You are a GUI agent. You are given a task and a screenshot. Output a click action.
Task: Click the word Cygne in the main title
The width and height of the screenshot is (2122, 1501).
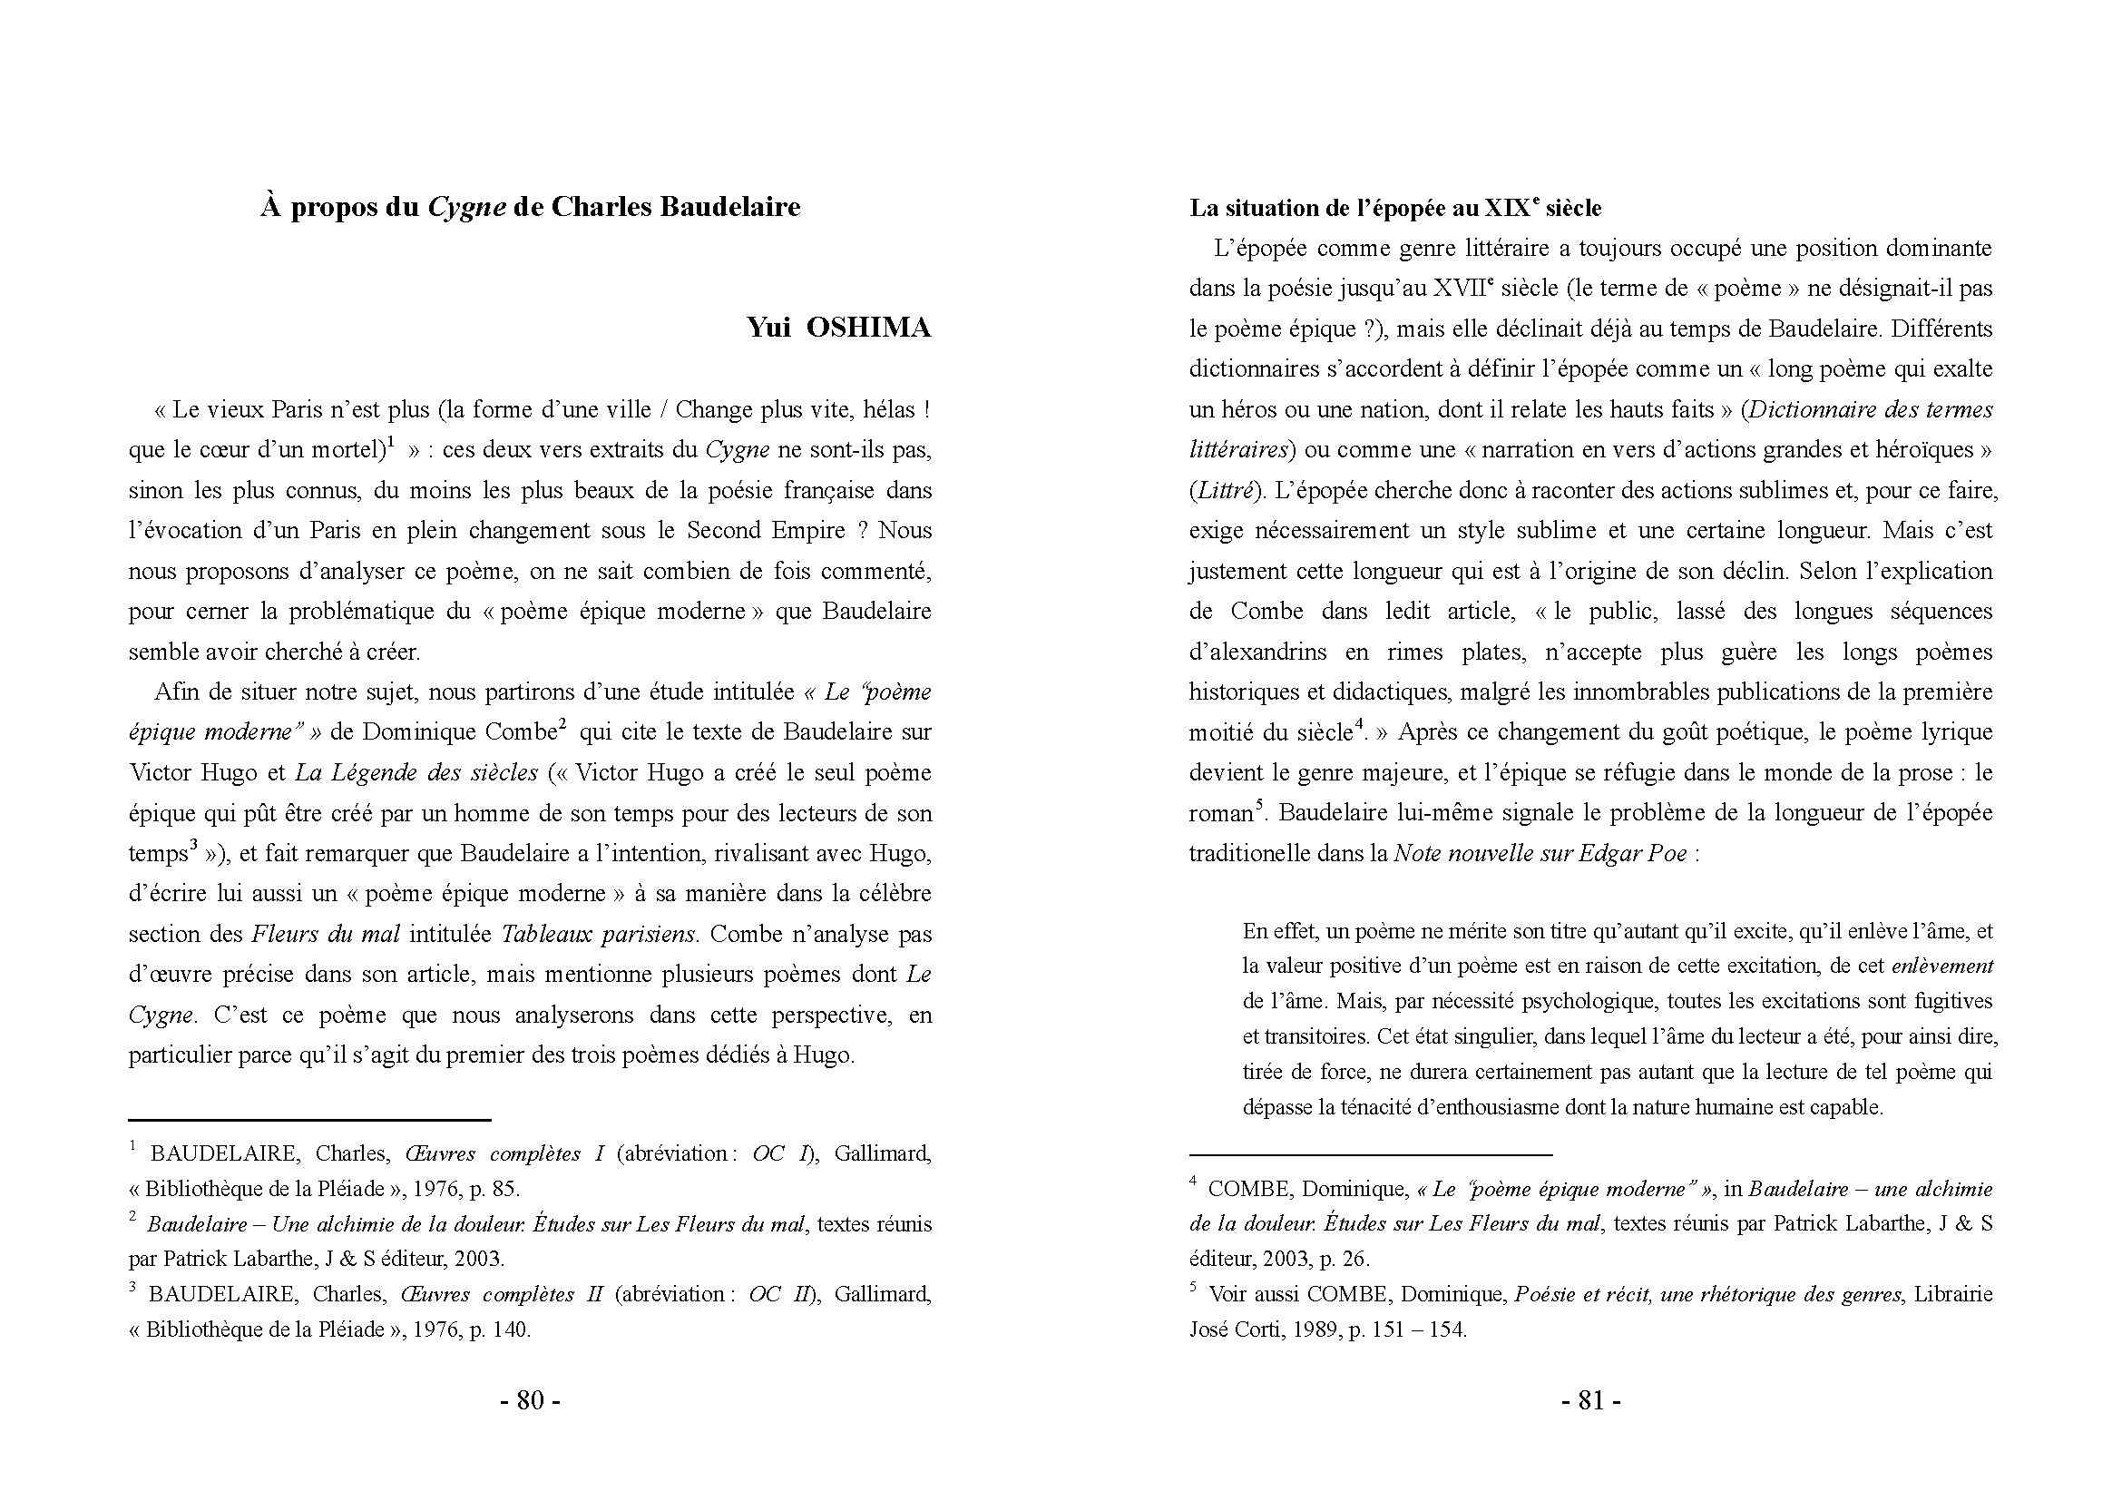pos(466,208)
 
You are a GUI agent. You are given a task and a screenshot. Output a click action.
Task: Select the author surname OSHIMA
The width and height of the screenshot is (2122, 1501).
pos(868,329)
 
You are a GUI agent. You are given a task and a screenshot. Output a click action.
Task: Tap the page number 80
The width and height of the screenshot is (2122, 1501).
pos(530,1400)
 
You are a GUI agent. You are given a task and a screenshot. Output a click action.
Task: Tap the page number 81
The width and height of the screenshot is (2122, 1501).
pos(1590,1400)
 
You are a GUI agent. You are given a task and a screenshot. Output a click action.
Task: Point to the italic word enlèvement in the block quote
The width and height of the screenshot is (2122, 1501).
pos(1941,966)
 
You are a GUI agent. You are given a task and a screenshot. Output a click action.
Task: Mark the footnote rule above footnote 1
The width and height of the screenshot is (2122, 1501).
pos(309,1120)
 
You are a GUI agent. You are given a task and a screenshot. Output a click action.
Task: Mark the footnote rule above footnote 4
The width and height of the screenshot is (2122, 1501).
pos(1371,1155)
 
